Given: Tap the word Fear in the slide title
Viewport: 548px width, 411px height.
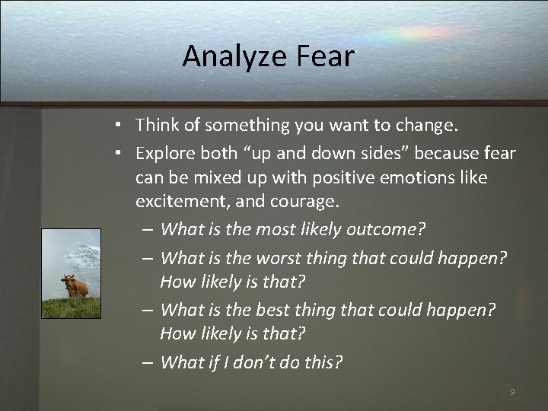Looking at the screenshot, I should (x=328, y=56).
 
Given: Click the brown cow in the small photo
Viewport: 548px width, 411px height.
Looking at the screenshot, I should (x=75, y=285).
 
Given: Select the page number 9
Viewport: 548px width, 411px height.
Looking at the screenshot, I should (x=512, y=391).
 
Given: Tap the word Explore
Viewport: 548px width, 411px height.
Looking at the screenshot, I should (x=165, y=153).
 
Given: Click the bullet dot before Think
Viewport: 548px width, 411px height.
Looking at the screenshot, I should (x=120, y=123).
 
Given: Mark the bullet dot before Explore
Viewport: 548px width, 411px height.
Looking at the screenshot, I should (x=120, y=153).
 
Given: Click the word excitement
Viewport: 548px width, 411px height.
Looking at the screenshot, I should (x=181, y=202).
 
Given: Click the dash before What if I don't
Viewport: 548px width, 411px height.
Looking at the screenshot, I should (x=146, y=362).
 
